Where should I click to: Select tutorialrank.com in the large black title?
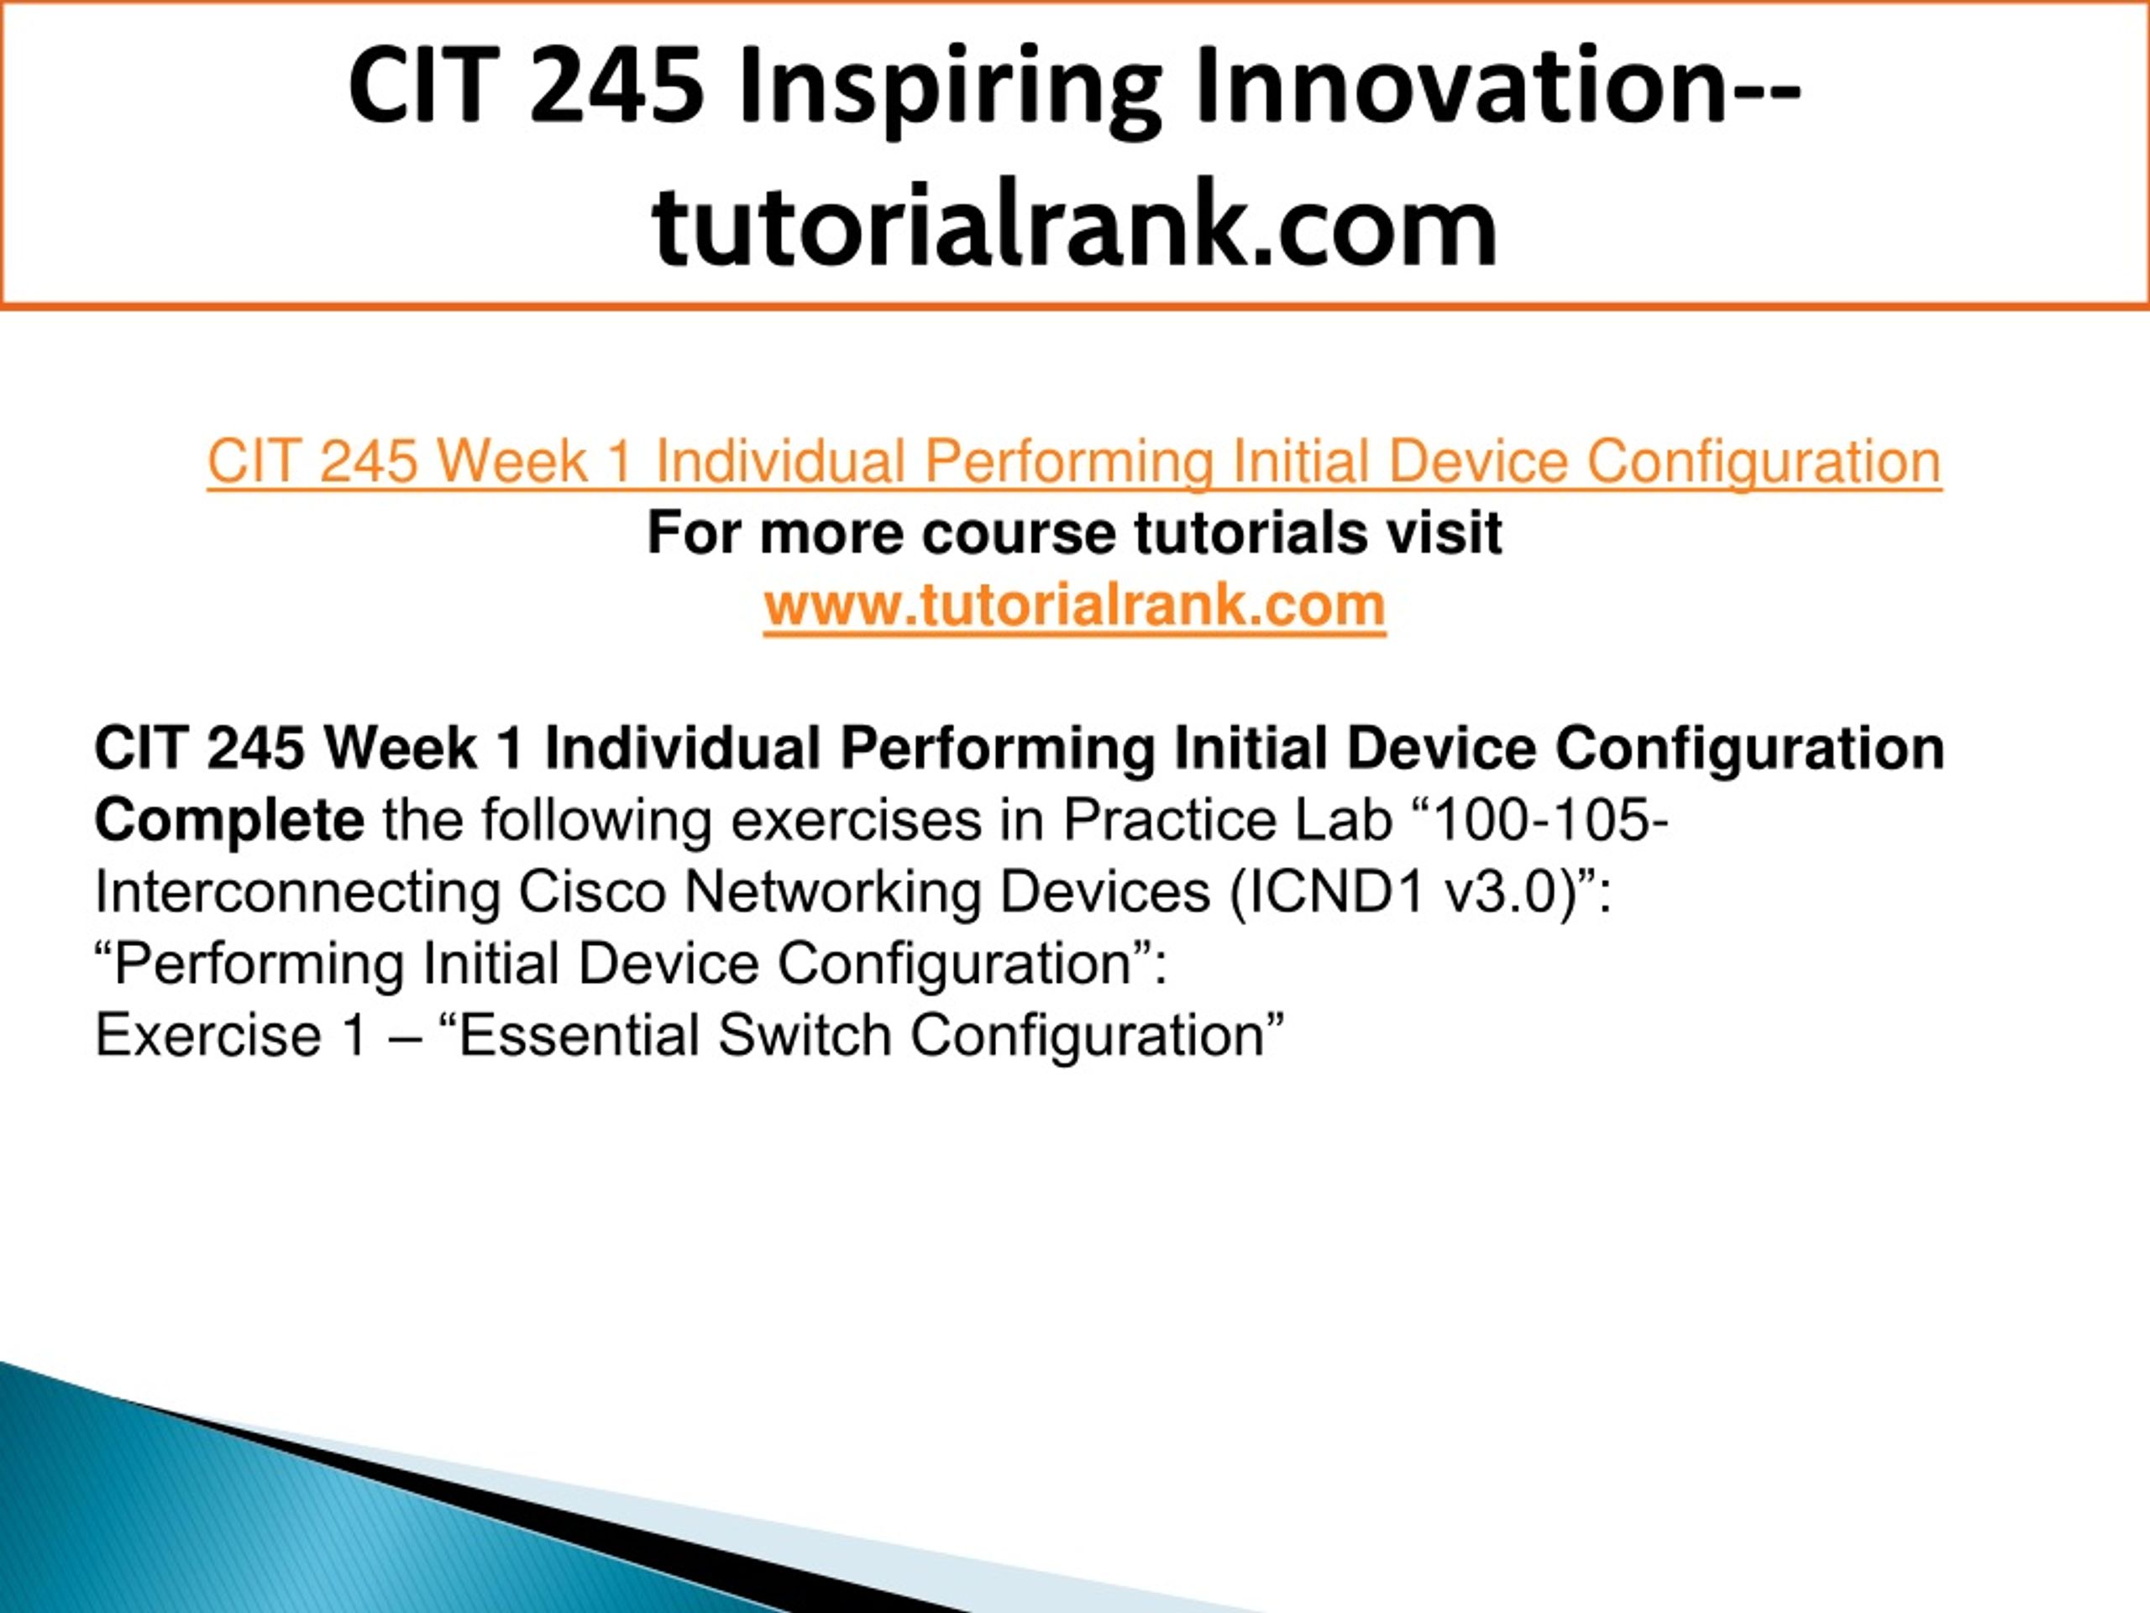click(x=1075, y=224)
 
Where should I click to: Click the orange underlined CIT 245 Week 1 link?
click(x=1074, y=461)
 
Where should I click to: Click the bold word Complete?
click(x=229, y=821)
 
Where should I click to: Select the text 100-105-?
click(x=1551, y=820)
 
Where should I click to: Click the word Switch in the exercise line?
click(x=805, y=1036)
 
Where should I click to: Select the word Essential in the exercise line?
click(x=579, y=1036)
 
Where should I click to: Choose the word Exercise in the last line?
click(x=208, y=1036)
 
